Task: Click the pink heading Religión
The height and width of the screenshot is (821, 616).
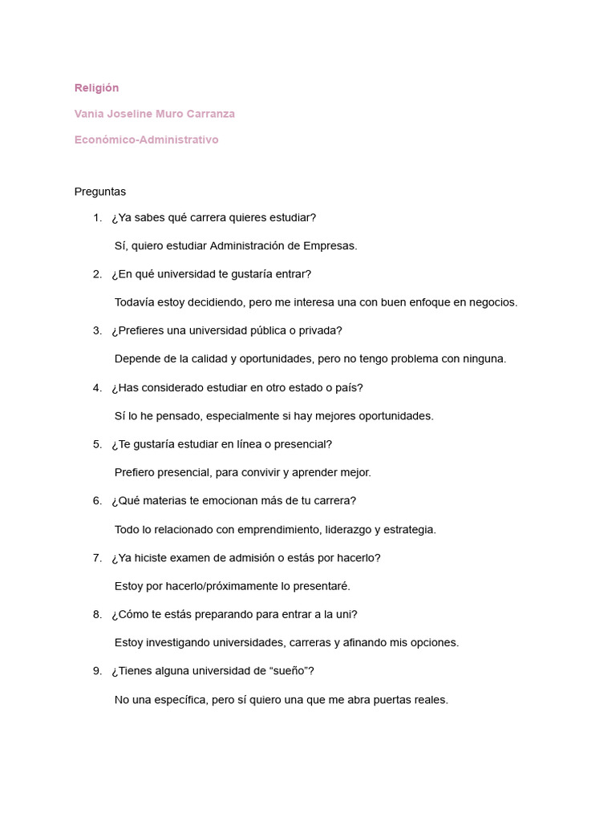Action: coord(96,87)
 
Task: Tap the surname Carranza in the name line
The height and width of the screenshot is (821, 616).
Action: coord(210,114)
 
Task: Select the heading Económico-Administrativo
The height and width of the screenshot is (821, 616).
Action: coord(146,140)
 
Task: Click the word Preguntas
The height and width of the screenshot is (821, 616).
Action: coord(100,192)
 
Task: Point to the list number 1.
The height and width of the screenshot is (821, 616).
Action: coord(97,217)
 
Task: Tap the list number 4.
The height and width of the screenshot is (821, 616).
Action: coord(97,387)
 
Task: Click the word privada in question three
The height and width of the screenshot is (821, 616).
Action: coord(319,330)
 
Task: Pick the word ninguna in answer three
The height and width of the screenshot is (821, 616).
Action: coord(481,359)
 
